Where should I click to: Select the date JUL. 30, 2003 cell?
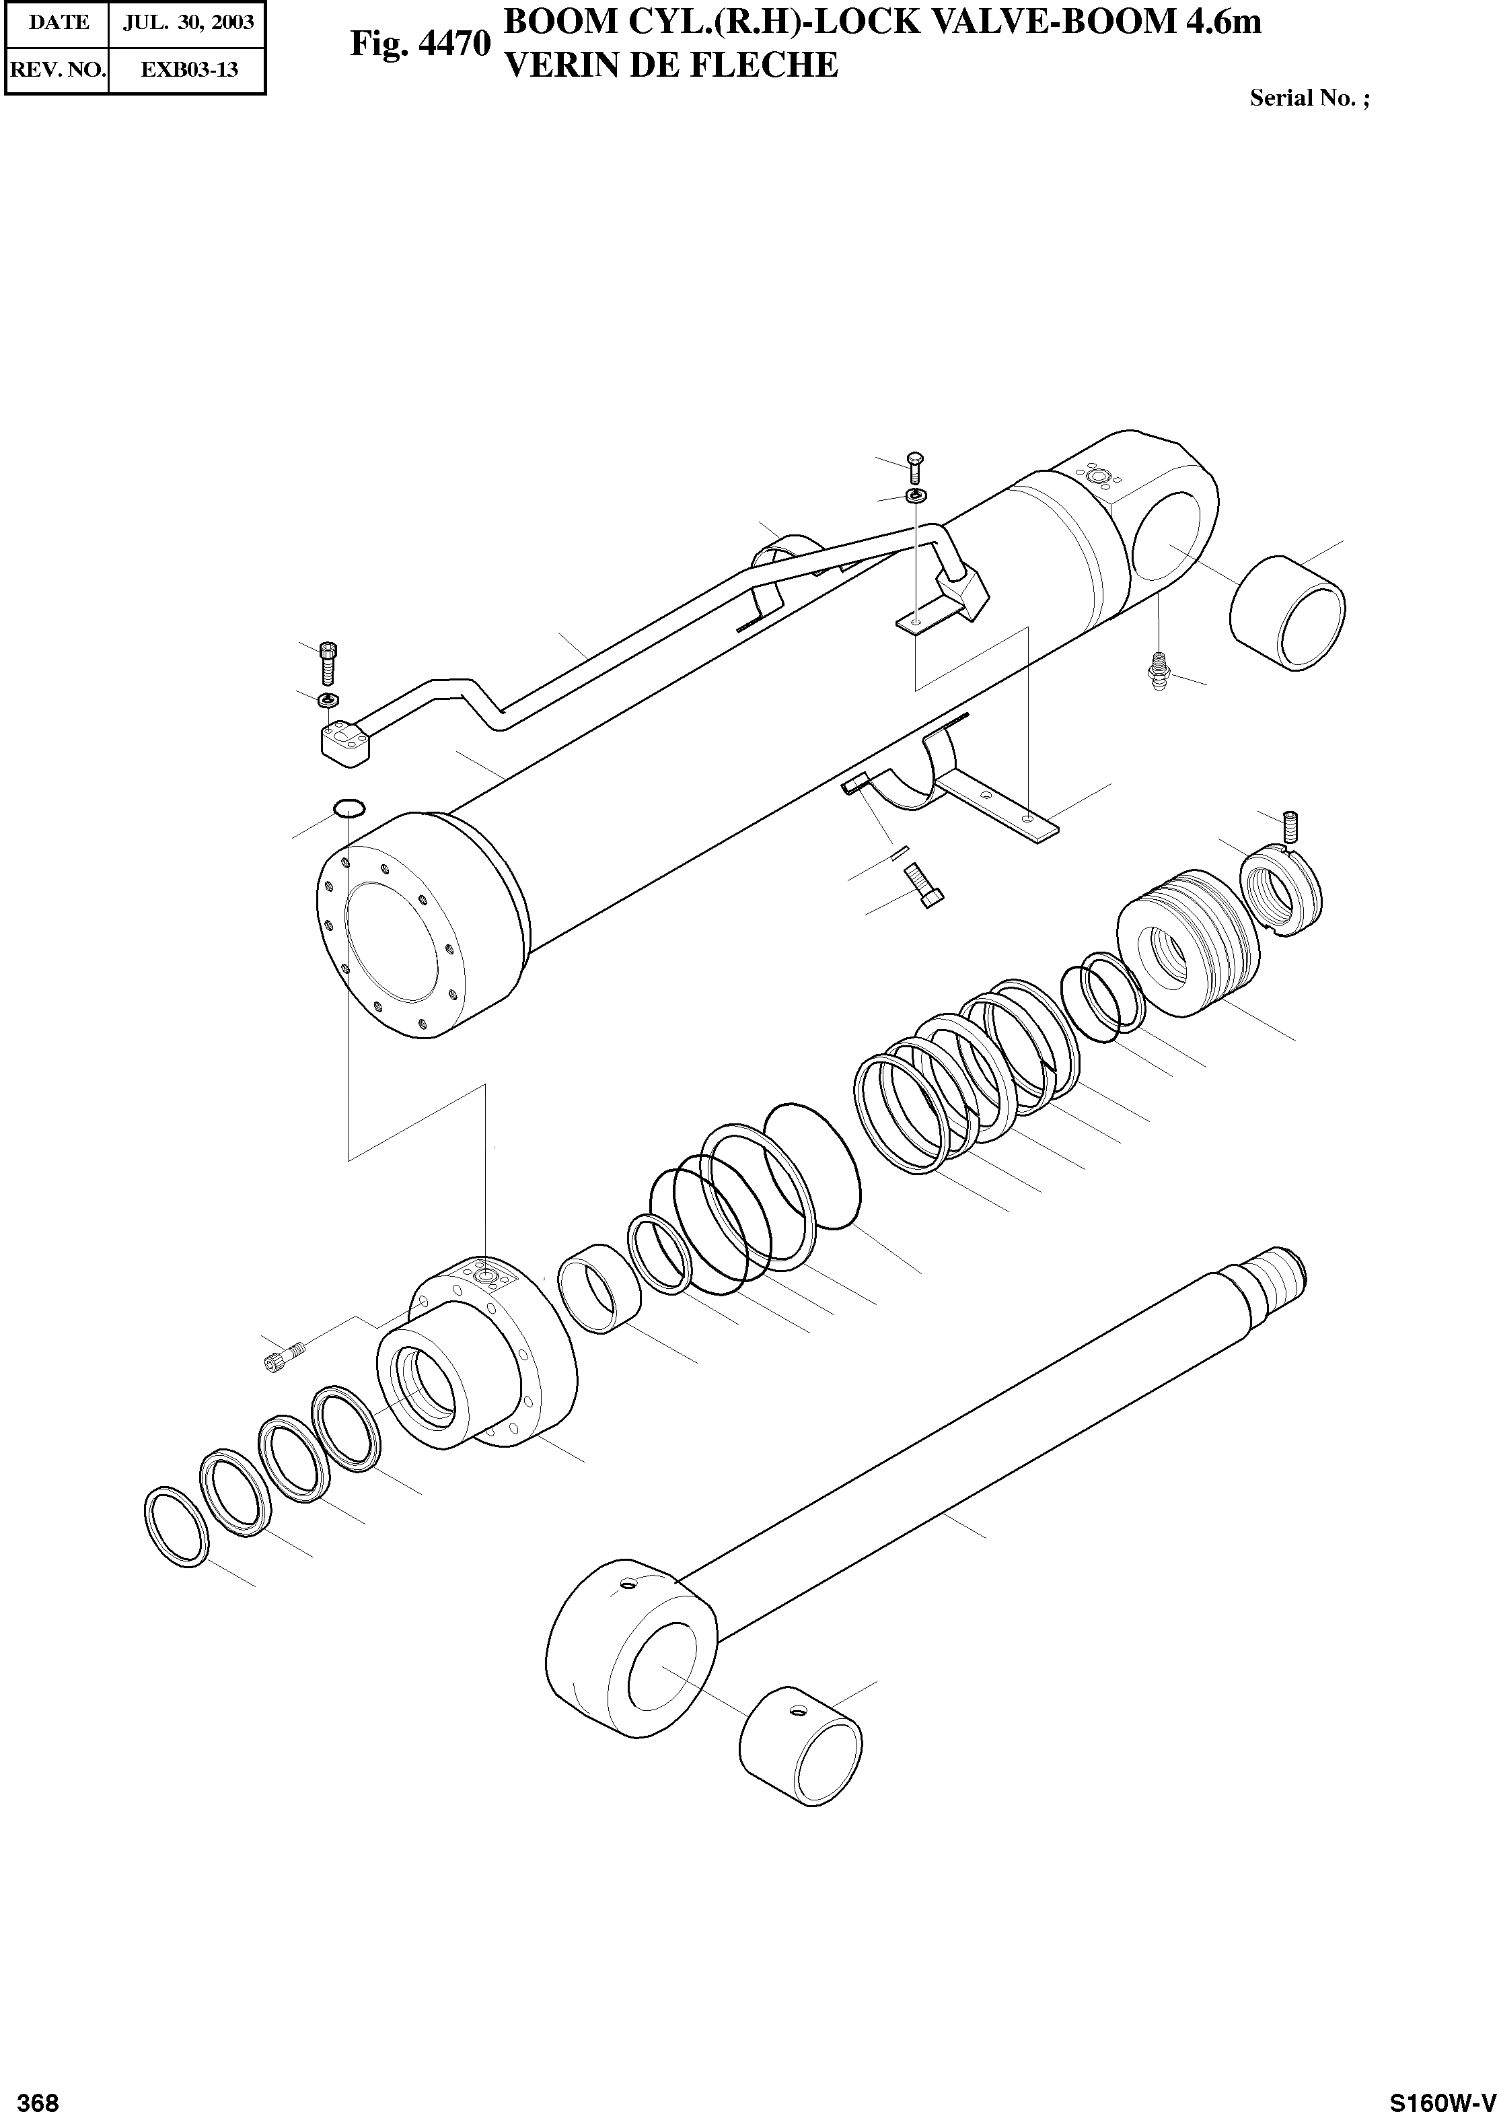point(188,22)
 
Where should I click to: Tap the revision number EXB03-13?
point(188,69)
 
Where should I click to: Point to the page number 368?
point(39,2095)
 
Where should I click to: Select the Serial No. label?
point(1309,99)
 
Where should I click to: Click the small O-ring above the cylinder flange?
point(349,808)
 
